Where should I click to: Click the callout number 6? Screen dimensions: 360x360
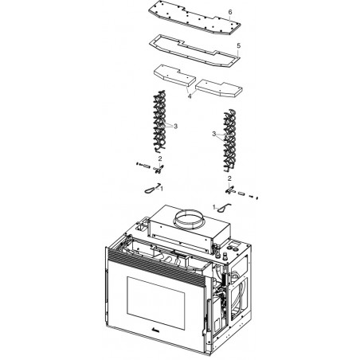(230, 12)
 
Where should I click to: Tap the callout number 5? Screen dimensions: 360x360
(239, 45)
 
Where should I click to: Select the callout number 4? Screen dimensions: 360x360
(190, 96)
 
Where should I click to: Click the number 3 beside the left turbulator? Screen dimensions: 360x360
(175, 127)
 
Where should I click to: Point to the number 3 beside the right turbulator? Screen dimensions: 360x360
(214, 134)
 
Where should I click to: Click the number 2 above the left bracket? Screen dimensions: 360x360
(160, 158)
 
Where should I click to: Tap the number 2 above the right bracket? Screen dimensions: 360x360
(229, 178)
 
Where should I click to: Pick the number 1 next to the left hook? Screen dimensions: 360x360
(162, 189)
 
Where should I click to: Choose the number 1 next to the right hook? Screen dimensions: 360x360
(214, 207)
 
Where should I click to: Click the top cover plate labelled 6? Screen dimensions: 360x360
(194, 18)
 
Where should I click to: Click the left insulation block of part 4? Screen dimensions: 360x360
(174, 76)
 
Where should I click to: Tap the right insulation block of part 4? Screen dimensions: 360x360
(219, 88)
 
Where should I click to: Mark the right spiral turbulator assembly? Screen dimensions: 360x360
(230, 139)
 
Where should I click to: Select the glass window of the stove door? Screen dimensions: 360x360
(155, 299)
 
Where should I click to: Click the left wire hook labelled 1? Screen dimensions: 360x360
(152, 189)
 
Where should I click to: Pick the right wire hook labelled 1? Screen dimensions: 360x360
(224, 208)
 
